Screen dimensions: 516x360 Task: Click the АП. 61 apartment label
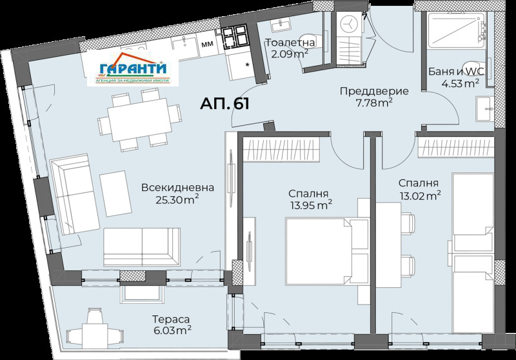(224, 104)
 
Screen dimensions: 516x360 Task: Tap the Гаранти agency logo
(133, 68)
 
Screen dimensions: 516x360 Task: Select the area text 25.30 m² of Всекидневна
(177, 199)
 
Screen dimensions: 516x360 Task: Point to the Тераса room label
(171, 319)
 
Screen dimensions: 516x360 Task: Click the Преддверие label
(374, 91)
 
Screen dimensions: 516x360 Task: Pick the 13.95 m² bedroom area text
(311, 205)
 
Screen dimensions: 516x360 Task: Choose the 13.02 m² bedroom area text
(421, 195)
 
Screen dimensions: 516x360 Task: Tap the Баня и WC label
(456, 72)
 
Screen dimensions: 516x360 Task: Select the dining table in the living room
(140, 119)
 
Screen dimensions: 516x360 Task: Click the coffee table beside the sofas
(115, 194)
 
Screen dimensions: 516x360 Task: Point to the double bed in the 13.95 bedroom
(319, 251)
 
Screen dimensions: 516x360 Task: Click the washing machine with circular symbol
(349, 24)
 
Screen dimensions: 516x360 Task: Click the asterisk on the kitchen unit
(247, 65)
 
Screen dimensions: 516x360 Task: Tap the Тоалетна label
(290, 42)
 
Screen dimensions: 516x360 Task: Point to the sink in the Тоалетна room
(281, 24)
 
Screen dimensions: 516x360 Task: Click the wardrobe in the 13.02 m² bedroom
(456, 147)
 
